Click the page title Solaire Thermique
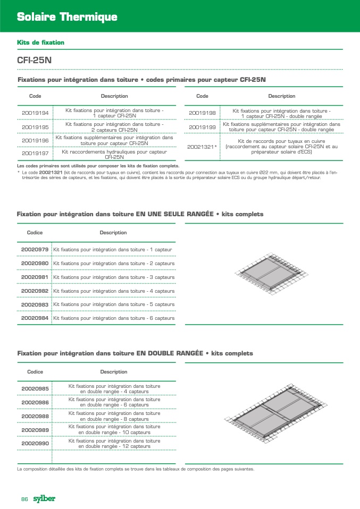pyautogui.click(x=67, y=18)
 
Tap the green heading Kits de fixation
pyautogui.click(x=40, y=42)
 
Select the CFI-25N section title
pyautogui.click(x=35, y=61)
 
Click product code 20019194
pyautogui.click(x=35, y=113)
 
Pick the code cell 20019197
pyautogui.click(x=35, y=154)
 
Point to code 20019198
pyautogui.click(x=202, y=113)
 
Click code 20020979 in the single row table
pyautogui.click(x=35, y=249)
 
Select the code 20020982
pyautogui.click(x=35, y=291)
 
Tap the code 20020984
pyautogui.click(x=35, y=318)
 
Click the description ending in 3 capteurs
pyautogui.click(x=114, y=277)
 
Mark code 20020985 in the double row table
pyautogui.click(x=35, y=389)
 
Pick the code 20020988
pyautogui.click(x=35, y=416)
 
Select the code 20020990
pyautogui.click(x=35, y=443)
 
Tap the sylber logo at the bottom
pyautogui.click(x=44, y=498)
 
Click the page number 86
pyautogui.click(x=24, y=499)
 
